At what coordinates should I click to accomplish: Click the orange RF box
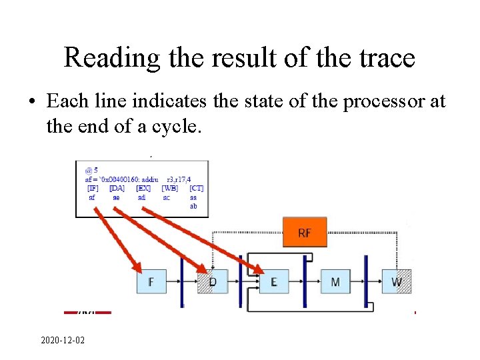pyautogui.click(x=305, y=233)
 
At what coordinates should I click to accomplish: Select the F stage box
pyautogui.click(x=151, y=282)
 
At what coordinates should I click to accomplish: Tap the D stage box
pyautogui.click(x=213, y=282)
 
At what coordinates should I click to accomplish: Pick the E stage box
pyautogui.click(x=273, y=282)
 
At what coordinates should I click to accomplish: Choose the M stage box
pyautogui.click(x=335, y=282)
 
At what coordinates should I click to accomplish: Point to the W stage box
pyautogui.click(x=397, y=282)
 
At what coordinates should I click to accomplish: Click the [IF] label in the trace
pyautogui.click(x=93, y=189)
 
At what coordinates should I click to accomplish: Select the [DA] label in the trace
pyautogui.click(x=117, y=189)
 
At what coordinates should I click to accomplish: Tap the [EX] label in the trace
pyautogui.click(x=143, y=189)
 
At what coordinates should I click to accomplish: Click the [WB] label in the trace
pyautogui.click(x=169, y=189)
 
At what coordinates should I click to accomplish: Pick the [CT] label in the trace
pyautogui.click(x=196, y=189)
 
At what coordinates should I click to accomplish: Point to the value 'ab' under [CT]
pyautogui.click(x=193, y=206)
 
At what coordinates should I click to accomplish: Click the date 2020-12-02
pyautogui.click(x=63, y=341)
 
